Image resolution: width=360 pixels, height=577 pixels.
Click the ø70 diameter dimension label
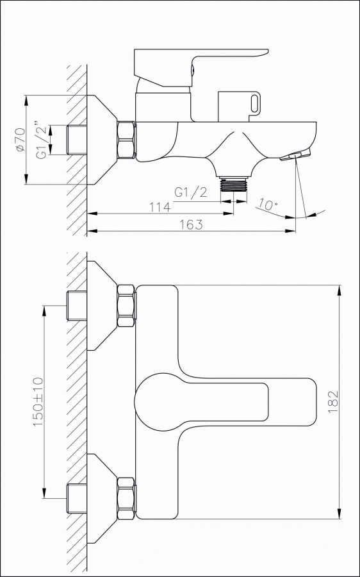coord(20,140)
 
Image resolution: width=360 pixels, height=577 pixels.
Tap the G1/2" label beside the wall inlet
coord(42,140)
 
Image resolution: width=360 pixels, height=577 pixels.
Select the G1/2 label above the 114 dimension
coord(190,192)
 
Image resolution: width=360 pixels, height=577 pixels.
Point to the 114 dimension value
coord(160,207)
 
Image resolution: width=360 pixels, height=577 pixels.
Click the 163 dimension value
coord(192,224)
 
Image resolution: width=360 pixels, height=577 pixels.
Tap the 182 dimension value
coord(332,402)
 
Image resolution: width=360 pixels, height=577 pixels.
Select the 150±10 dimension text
coord(38,402)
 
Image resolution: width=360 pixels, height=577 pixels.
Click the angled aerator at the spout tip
coord(295,155)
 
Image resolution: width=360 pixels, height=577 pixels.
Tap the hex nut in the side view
coord(126,140)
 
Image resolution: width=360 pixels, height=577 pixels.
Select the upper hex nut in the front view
coord(126,306)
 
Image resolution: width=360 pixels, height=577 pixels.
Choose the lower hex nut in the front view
coord(126,498)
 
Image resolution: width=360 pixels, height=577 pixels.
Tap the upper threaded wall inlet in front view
coord(77,306)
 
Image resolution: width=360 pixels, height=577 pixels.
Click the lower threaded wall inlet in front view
coord(77,498)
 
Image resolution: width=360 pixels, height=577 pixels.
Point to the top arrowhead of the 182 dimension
coord(339,290)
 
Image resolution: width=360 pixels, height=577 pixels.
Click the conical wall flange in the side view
coord(102,140)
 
